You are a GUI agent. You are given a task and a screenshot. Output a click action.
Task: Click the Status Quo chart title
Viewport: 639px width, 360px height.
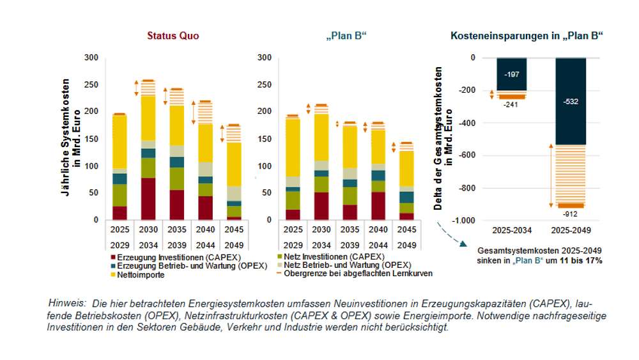(x=173, y=36)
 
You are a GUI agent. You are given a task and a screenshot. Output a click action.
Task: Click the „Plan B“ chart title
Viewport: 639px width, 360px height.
(x=346, y=36)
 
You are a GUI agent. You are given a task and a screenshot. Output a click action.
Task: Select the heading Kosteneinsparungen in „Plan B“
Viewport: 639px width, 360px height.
(x=527, y=36)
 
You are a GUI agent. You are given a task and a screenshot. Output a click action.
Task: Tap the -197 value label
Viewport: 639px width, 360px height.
(x=511, y=75)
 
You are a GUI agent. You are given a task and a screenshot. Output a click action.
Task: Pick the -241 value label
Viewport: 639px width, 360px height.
(x=511, y=104)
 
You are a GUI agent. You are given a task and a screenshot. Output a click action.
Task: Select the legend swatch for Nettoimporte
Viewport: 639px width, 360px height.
(x=113, y=274)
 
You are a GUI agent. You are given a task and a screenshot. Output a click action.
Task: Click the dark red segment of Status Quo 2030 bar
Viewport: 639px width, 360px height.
(x=148, y=199)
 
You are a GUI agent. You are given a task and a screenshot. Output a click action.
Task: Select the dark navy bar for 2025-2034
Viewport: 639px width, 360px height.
(x=511, y=74)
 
